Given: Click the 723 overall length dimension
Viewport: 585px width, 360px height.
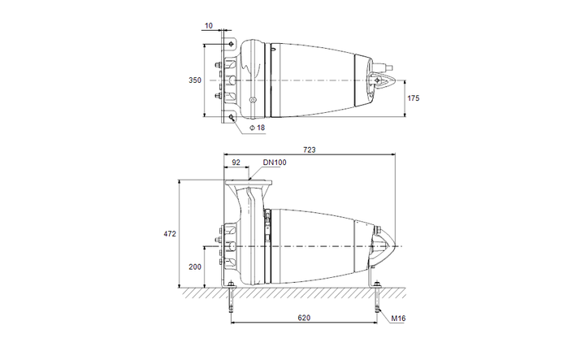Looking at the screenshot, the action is tap(310, 150).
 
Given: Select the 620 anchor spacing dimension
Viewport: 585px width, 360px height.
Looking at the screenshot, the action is tap(304, 318).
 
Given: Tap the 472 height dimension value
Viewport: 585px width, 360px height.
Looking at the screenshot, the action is tap(170, 234).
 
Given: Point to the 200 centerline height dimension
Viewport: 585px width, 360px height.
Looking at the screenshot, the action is tap(195, 267).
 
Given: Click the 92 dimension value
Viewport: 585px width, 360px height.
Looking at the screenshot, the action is tap(236, 163).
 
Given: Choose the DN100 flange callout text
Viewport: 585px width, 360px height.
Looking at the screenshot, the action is tap(275, 163).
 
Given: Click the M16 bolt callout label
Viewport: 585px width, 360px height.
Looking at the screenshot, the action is tap(398, 319).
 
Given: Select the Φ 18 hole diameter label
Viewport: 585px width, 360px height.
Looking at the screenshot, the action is tap(257, 128).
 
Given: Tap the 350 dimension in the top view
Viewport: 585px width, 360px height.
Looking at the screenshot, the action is tap(195, 80).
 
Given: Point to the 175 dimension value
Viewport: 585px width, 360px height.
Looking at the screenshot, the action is tap(414, 98).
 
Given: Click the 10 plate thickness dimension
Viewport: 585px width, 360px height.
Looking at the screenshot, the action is tap(209, 26).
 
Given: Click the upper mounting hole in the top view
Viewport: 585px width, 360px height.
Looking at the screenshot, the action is tap(232, 44).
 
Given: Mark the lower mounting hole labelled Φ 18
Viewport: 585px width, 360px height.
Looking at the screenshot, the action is tap(232, 117).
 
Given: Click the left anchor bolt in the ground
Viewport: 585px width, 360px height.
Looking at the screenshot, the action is tap(232, 297).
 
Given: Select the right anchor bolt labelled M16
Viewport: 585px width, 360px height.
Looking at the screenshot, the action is tap(377, 297).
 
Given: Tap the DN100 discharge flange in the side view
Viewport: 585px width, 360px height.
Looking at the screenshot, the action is tap(249, 183).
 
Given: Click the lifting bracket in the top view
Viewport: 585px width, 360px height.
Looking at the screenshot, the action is tap(380, 80).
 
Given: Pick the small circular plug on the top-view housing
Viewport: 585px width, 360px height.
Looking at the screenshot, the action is tap(253, 100).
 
